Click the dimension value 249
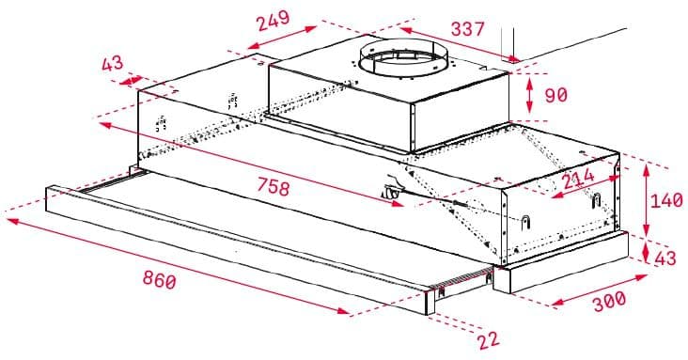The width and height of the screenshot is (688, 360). (273, 20)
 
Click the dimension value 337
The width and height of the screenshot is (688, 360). (467, 29)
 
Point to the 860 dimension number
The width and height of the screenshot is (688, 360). (157, 278)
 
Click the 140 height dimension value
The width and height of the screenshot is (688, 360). (666, 201)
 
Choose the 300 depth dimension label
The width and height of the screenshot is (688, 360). (609, 301)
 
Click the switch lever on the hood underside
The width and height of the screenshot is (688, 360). (393, 193)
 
